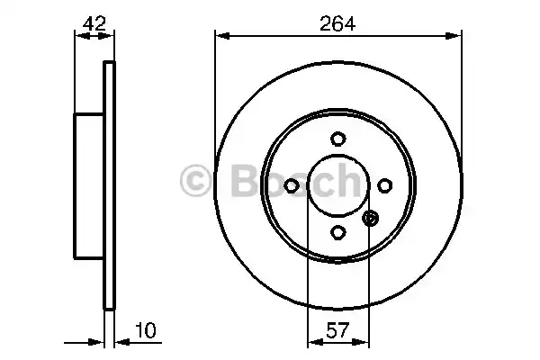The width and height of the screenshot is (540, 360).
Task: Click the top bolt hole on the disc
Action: tap(338, 139)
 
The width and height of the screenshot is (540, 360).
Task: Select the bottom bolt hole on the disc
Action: tap(338, 232)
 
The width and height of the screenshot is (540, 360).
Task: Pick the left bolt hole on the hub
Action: tap(292, 185)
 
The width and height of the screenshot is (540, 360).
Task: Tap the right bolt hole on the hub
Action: tap(385, 185)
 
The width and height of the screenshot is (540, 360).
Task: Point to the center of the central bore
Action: tap(338, 185)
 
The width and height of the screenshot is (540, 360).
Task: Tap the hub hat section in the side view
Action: tap(89, 186)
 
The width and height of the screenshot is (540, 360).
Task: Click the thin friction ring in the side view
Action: tap(110, 186)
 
